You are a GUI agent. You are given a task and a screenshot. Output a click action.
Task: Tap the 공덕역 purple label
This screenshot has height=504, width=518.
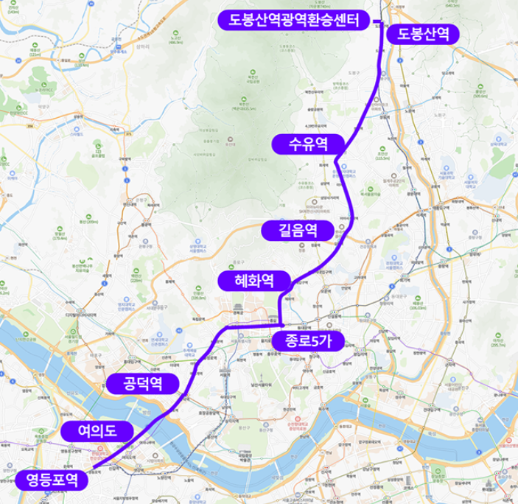[x=142, y=383]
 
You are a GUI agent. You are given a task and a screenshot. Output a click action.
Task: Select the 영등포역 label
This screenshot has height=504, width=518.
[x=52, y=480]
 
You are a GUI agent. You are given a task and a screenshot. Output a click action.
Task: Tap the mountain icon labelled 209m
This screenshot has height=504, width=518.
[x=88, y=217]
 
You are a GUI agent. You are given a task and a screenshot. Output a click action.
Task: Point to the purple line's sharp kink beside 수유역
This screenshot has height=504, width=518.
[x=336, y=158]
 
